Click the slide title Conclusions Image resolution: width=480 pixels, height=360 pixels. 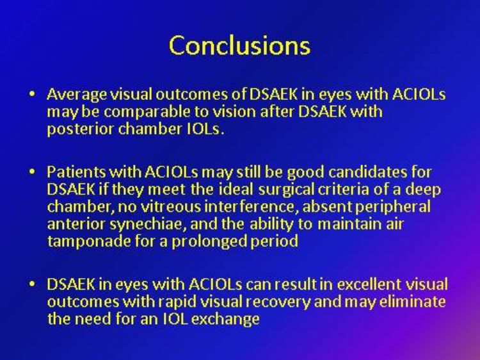[x=240, y=45]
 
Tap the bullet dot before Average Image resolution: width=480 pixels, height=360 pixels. [x=32, y=94]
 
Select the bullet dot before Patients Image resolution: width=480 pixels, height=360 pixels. [x=32, y=172]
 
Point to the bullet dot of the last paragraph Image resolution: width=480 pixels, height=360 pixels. [x=32, y=284]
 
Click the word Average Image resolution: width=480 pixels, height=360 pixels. [x=77, y=94]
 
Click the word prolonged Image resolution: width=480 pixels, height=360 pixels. [x=209, y=241]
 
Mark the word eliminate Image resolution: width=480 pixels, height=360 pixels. [x=412, y=302]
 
